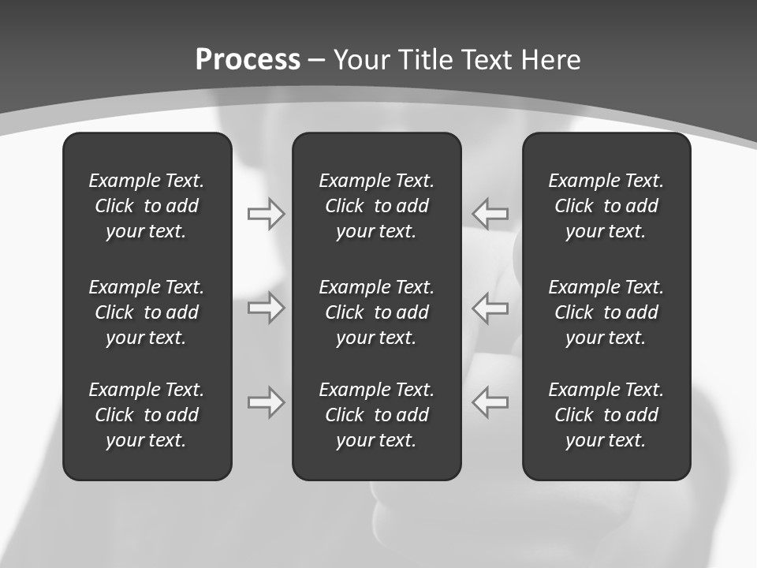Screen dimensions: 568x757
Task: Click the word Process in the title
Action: pos(248,60)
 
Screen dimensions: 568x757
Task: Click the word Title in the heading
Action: pos(427,60)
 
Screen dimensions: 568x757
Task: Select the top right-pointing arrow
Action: pos(266,214)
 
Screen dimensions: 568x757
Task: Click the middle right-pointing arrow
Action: pos(266,308)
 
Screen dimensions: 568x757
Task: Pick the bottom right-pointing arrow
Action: pos(266,402)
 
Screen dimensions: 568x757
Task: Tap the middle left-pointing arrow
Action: pos(490,308)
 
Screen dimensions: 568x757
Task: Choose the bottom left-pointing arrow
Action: pos(490,402)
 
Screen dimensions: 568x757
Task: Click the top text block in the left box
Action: pos(147,206)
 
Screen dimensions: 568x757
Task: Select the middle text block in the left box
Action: pos(147,312)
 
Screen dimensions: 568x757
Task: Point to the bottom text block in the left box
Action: pos(147,415)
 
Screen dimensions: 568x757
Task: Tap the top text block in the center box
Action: pos(376,206)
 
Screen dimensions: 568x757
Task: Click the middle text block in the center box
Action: pos(376,312)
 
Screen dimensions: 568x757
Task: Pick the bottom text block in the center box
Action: pos(376,415)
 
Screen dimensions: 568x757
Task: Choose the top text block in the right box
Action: pos(606,206)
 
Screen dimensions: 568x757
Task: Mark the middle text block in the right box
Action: pos(606,312)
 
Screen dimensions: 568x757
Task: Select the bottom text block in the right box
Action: pos(606,415)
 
